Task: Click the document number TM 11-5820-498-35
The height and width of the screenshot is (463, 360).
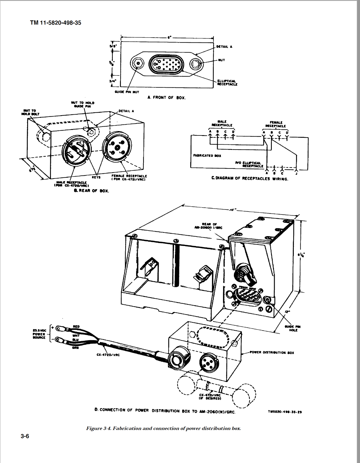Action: (x=56, y=23)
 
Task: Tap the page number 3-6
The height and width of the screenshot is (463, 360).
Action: (x=25, y=436)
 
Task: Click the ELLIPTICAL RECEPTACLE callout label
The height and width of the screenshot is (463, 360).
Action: (x=227, y=83)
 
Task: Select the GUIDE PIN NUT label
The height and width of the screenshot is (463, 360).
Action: (x=127, y=92)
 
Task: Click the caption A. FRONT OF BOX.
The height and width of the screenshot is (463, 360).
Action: (x=167, y=98)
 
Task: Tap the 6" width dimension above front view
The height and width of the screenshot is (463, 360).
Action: (x=168, y=37)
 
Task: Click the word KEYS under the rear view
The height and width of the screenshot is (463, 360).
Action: (x=96, y=177)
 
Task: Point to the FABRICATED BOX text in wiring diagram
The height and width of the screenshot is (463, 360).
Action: (x=207, y=156)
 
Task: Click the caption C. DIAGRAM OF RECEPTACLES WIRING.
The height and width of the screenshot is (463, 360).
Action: (x=250, y=179)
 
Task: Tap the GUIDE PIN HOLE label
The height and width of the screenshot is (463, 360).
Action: (x=293, y=328)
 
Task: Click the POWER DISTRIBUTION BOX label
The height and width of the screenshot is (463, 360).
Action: (x=272, y=352)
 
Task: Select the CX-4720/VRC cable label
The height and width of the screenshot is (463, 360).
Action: (x=108, y=355)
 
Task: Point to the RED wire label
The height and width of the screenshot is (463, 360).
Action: (x=76, y=326)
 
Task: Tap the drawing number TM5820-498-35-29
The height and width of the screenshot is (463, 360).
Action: (x=285, y=412)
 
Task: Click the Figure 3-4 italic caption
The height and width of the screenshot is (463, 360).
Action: (x=163, y=428)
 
